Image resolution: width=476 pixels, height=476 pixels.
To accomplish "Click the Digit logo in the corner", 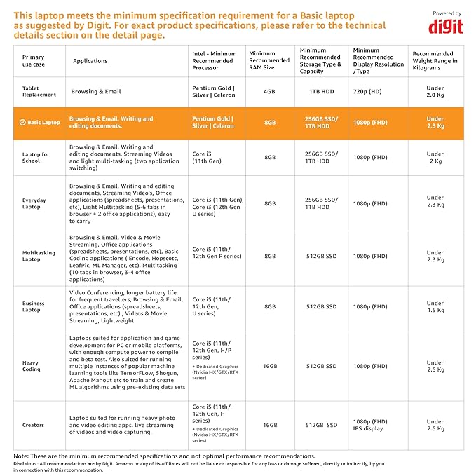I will click(x=445, y=25).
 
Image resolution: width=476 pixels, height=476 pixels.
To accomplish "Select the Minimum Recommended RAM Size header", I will click(x=269, y=60).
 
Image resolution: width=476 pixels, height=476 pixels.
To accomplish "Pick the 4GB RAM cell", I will click(x=269, y=91).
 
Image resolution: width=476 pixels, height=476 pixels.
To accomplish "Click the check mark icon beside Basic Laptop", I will click(x=22, y=123).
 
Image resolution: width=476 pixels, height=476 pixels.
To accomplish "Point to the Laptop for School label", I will click(x=36, y=158).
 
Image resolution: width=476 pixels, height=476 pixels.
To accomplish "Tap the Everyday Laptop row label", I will click(x=34, y=203).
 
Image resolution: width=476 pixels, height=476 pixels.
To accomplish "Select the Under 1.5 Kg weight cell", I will click(x=435, y=306).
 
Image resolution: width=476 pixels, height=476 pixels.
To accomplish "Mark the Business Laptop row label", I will click(x=33, y=306).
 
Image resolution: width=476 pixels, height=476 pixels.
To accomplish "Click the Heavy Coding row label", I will click(x=32, y=366).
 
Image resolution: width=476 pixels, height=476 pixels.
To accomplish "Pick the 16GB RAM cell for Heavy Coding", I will click(x=269, y=366).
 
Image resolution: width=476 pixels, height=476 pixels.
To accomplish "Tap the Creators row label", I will click(x=33, y=425).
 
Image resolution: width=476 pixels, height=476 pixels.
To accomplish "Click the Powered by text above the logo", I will click(x=447, y=13).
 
